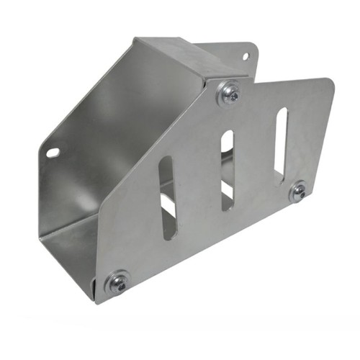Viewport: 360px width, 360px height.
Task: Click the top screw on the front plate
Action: click(230, 92)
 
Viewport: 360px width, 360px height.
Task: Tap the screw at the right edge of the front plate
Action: click(298, 192)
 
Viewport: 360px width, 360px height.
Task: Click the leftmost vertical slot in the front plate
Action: click(167, 198)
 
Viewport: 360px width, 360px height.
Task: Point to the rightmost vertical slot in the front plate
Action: click(280, 144)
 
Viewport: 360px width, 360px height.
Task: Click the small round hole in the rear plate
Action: click(245, 55)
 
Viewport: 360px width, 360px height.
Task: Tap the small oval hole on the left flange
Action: click(53, 153)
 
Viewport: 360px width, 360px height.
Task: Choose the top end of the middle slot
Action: click(228, 134)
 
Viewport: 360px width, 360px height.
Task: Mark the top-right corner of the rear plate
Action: click(253, 46)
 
